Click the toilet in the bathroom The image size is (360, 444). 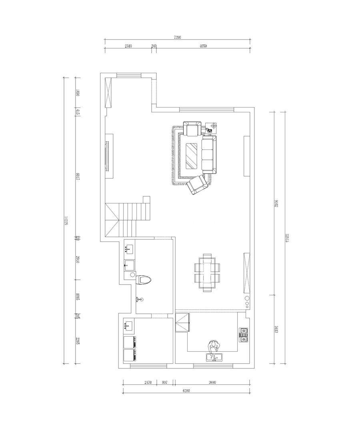click(144, 279)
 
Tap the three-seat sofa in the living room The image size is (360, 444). click(208, 154)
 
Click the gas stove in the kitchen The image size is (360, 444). click(244, 335)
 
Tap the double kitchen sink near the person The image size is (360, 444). click(214, 356)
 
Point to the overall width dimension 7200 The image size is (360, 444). click(178, 38)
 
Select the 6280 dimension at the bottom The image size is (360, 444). click(185, 391)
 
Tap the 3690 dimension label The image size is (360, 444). click(212, 382)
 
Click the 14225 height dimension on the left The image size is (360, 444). click(66, 220)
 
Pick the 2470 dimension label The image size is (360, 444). click(148, 382)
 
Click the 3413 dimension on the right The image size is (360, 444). click(276, 330)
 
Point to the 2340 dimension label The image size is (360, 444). click(128, 46)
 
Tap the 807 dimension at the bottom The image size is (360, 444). click(164, 382)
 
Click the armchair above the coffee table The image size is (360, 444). click(192, 129)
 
